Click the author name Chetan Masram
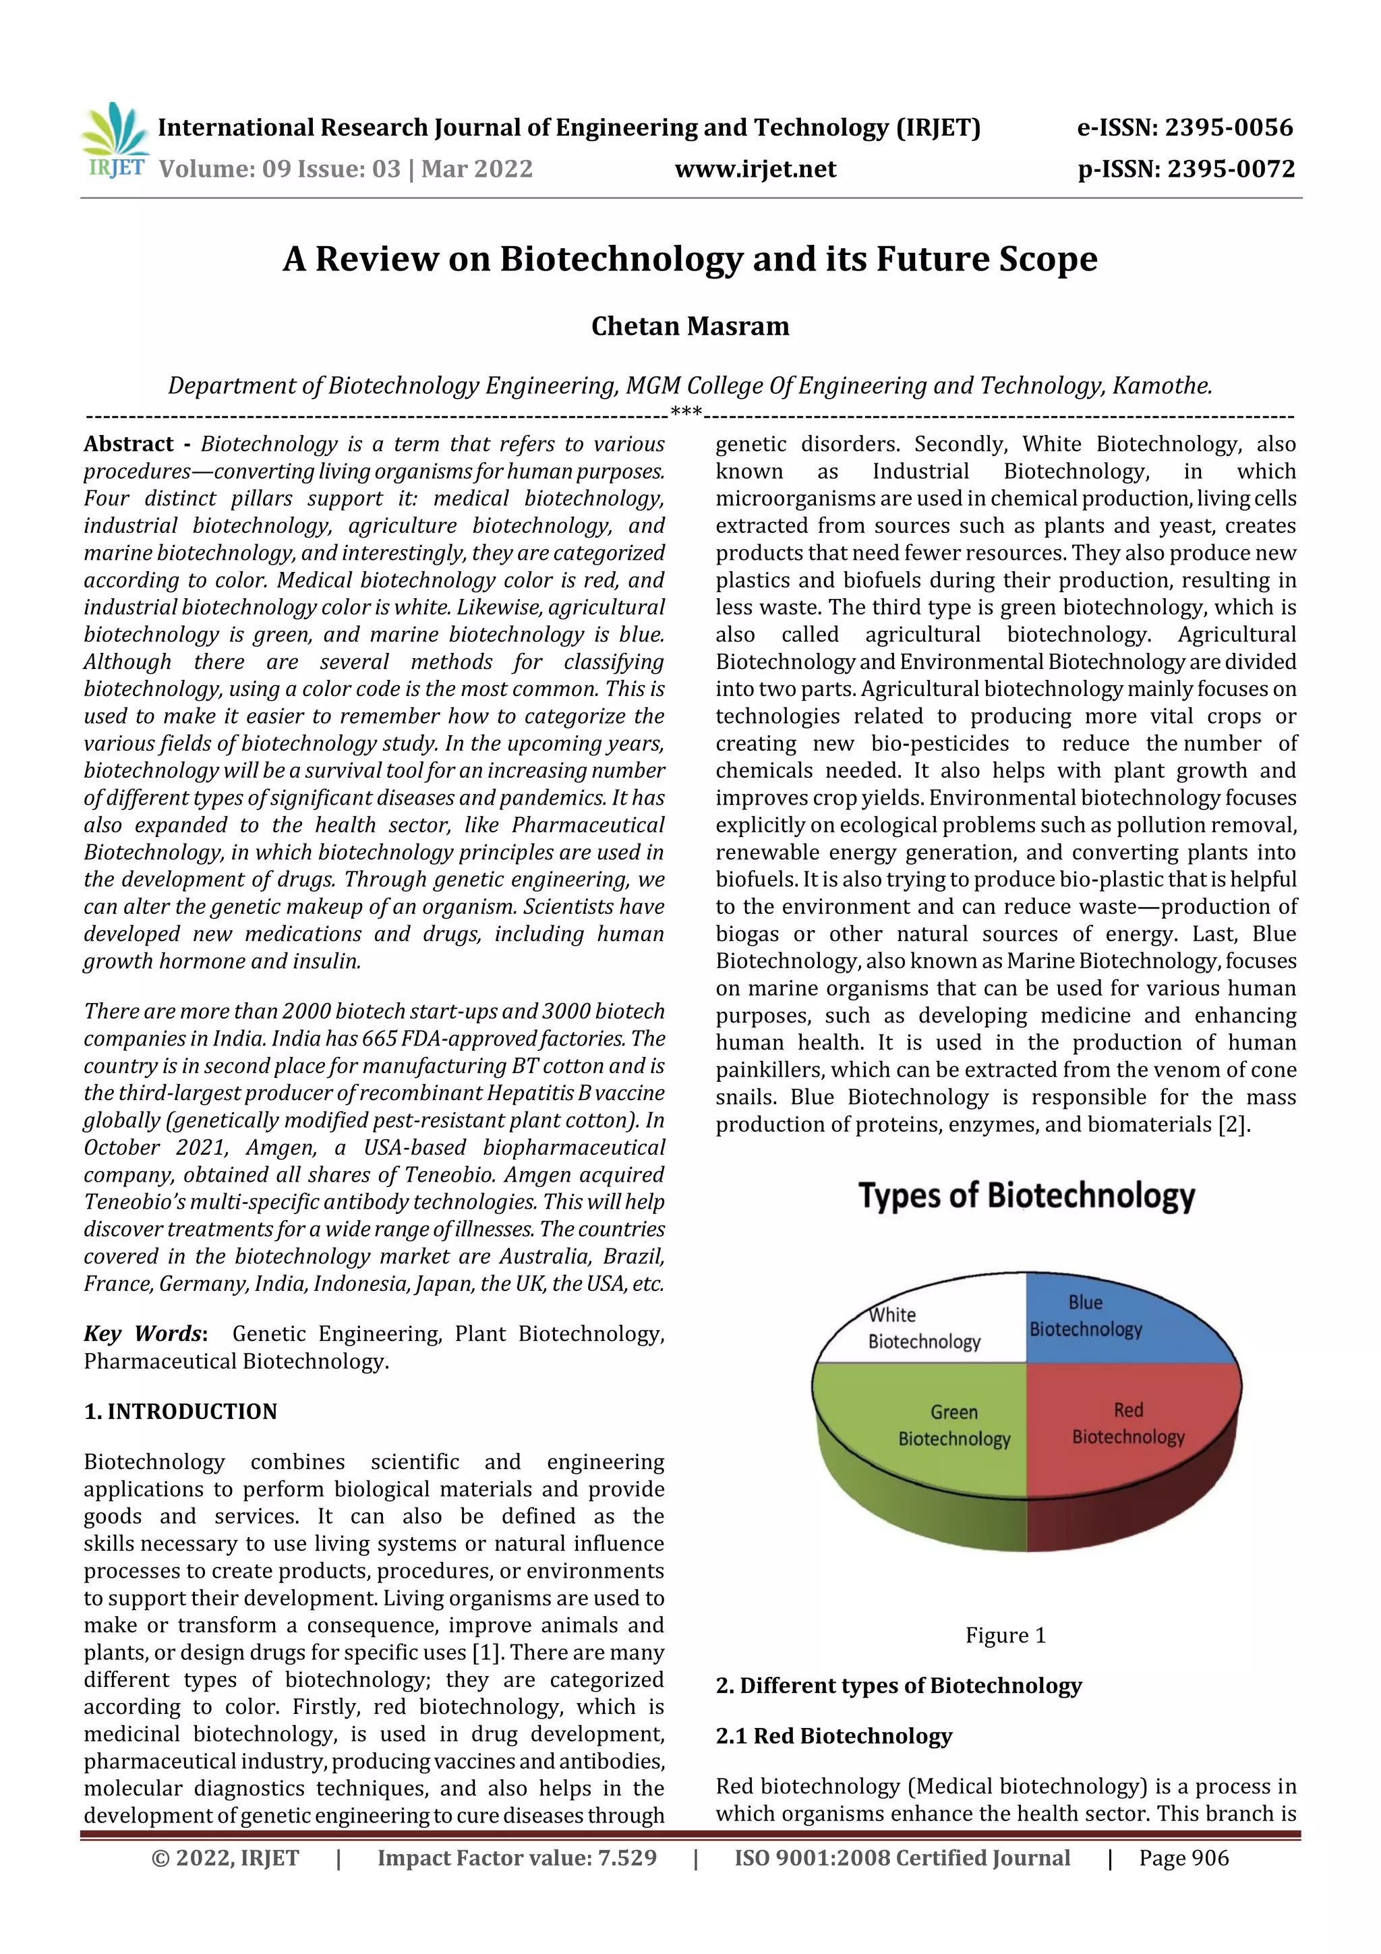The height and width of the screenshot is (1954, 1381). tap(690, 326)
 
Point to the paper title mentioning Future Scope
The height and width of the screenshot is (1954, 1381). tap(690, 259)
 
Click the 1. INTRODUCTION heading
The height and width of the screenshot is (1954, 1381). tap(181, 1411)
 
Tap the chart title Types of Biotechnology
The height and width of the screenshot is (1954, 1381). tap(1026, 1196)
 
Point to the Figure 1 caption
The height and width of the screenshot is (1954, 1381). tap(1005, 1635)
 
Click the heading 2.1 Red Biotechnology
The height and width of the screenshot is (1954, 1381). tap(834, 1736)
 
